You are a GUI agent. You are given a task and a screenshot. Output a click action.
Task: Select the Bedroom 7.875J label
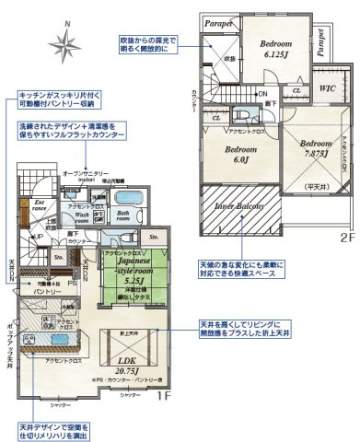[x=314, y=149]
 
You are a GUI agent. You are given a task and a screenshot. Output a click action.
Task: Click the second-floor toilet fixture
[x=245, y=115]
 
